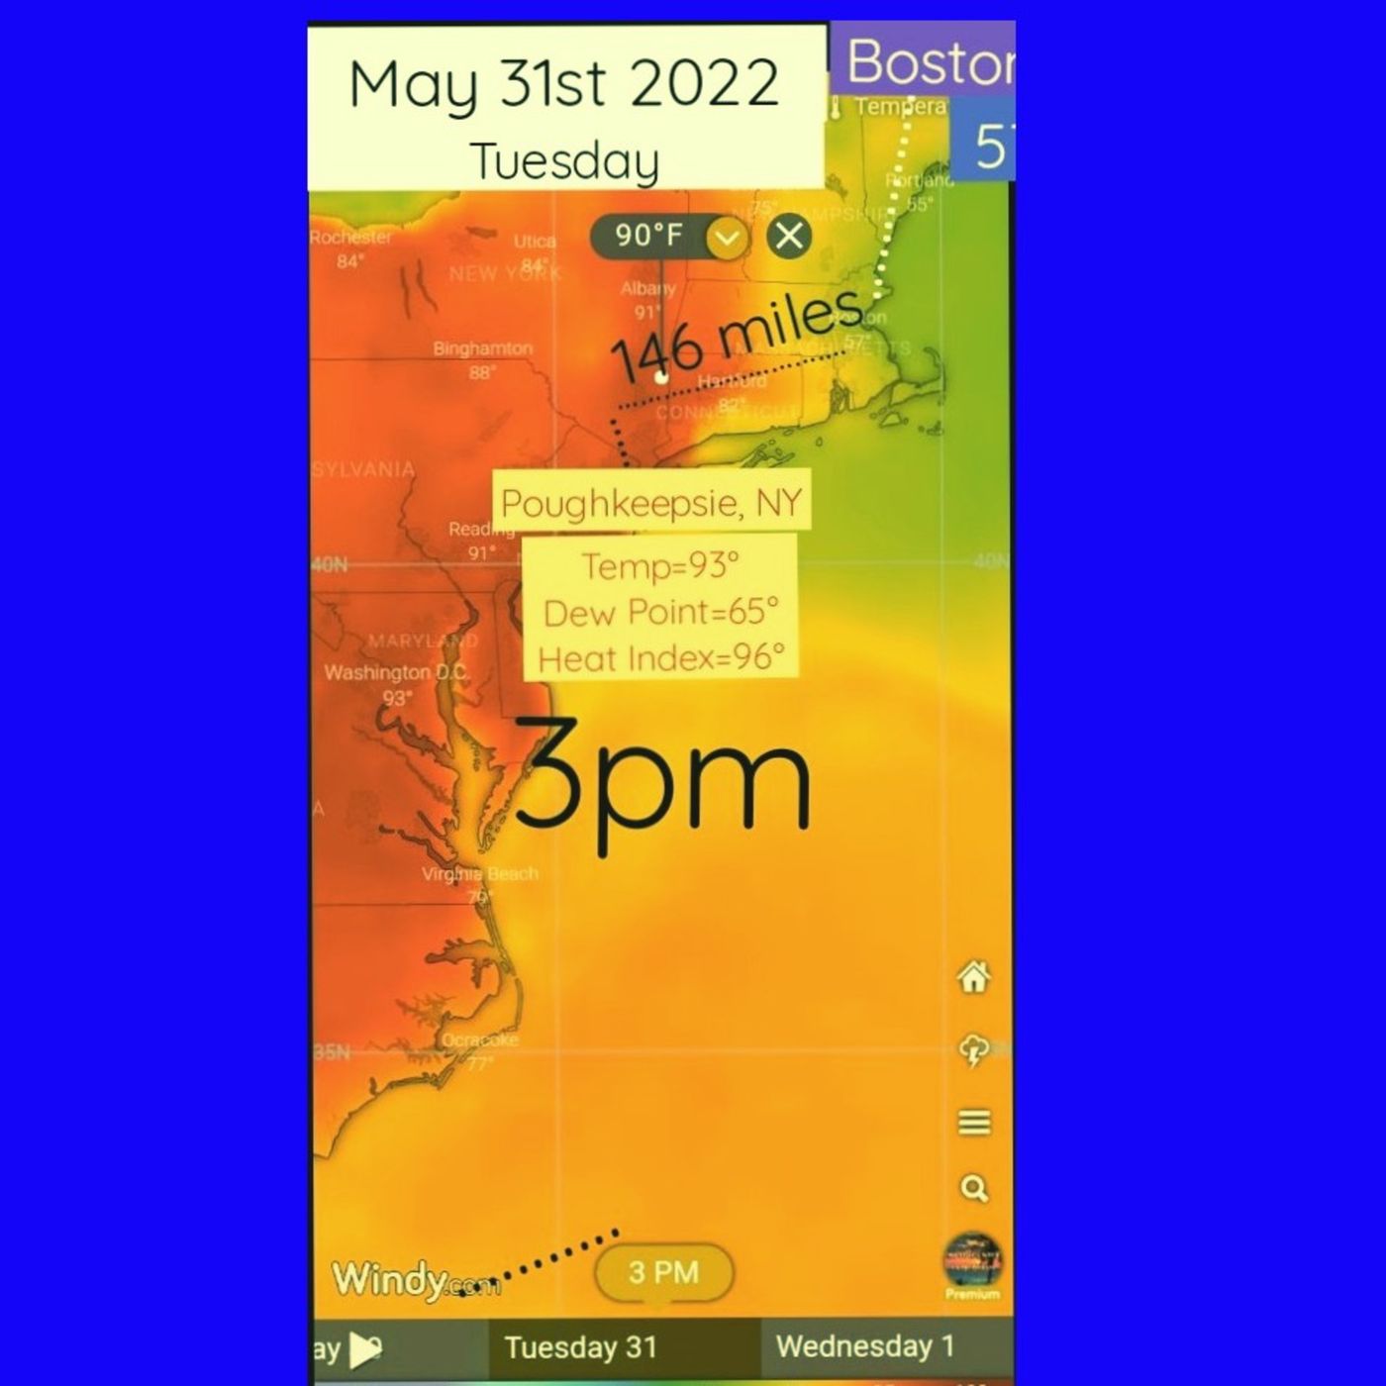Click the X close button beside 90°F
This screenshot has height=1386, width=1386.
(x=789, y=237)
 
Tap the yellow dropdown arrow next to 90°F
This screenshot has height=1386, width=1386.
(x=728, y=238)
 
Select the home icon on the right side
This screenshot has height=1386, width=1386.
(x=974, y=977)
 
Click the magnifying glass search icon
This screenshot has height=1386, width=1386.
(x=974, y=1188)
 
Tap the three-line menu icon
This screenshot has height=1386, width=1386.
(x=974, y=1123)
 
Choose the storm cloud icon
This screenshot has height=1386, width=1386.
(x=974, y=1050)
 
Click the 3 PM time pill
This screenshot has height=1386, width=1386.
(x=663, y=1272)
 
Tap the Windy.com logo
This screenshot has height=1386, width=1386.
(x=416, y=1280)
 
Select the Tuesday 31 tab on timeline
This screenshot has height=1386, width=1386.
(x=580, y=1347)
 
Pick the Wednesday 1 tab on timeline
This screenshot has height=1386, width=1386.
(x=864, y=1346)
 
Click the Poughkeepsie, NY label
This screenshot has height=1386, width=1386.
(x=651, y=503)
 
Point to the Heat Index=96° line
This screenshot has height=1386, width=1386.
(x=660, y=657)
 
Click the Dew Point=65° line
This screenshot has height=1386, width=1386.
(x=660, y=612)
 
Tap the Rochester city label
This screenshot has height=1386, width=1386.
(x=350, y=238)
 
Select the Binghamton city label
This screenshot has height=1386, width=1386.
(x=482, y=348)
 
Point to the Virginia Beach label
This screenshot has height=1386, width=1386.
(x=480, y=874)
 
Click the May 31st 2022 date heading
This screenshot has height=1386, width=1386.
(x=564, y=84)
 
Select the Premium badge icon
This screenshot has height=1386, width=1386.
(x=972, y=1265)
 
